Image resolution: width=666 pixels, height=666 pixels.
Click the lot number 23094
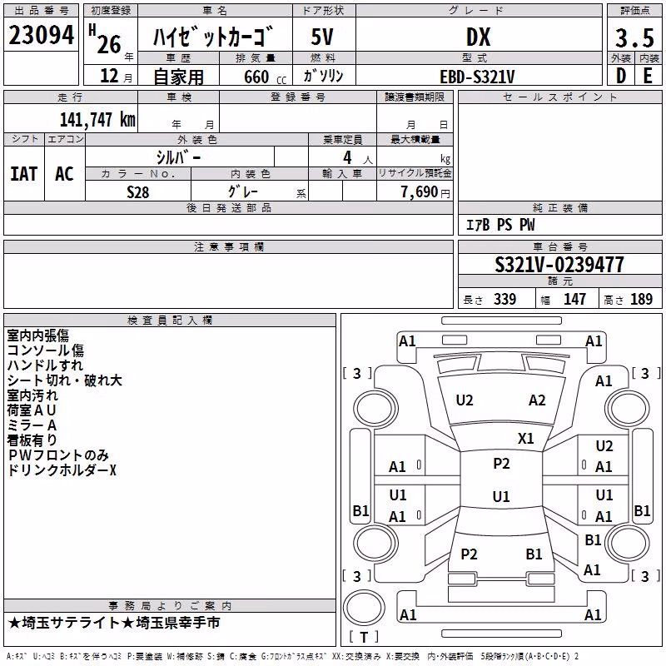41,35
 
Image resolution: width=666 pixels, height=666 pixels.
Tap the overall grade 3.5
634,37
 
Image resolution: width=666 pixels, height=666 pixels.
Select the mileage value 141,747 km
97,120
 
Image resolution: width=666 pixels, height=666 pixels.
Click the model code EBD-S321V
477,77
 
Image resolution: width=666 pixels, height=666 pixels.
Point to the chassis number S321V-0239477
559,265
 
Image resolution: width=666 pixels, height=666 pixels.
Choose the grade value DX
478,37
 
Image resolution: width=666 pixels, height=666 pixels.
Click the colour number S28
138,192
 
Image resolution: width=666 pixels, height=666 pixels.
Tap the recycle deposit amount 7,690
420,192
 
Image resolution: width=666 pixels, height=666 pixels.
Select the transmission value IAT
24,174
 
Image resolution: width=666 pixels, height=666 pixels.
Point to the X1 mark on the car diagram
526,439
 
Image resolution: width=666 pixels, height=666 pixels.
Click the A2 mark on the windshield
537,400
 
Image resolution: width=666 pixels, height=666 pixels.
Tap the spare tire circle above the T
364,608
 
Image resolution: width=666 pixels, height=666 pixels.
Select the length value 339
505,299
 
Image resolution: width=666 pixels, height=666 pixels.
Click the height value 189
641,299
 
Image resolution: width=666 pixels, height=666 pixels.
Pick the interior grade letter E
649,76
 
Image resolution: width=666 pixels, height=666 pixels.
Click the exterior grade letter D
621,76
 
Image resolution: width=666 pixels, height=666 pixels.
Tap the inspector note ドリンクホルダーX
62,470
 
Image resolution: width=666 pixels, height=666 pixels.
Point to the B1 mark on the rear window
534,554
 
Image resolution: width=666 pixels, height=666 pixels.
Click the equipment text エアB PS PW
500,225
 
